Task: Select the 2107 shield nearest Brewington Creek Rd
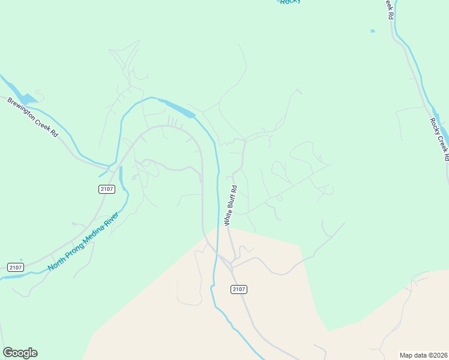106,189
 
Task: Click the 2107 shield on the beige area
238,289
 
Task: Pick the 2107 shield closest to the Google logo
16,267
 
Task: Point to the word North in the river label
56,262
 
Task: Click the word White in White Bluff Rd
227,218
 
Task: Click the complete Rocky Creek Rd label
439,139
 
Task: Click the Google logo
20,353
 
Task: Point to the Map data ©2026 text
423,355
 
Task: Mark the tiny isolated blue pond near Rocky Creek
373,31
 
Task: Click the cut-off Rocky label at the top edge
289,2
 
